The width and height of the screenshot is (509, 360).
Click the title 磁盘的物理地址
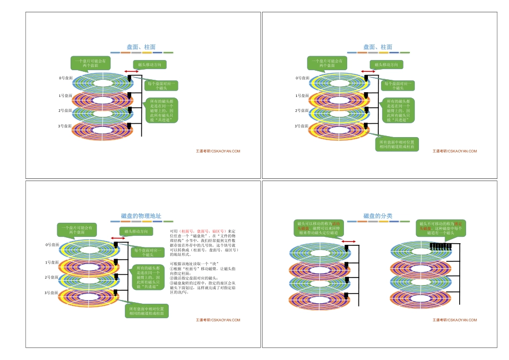[141, 216]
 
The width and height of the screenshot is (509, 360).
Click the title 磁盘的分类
[378, 216]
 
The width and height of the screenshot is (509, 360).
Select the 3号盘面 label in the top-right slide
[302, 126]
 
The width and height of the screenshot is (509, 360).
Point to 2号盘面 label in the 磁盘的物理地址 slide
[51, 277]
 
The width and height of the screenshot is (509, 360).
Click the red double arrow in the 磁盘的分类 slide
[348, 242]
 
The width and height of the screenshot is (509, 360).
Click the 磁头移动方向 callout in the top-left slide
[146, 64]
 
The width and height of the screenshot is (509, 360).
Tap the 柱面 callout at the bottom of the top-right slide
[398, 144]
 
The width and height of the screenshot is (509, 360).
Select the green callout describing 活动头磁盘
[318, 228]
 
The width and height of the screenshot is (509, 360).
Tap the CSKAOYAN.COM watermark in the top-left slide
[218, 151]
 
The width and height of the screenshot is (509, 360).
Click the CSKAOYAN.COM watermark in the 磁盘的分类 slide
[455, 320]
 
